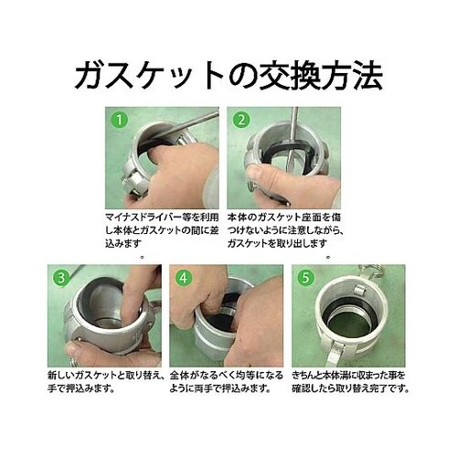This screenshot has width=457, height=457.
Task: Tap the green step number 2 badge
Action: (240, 119)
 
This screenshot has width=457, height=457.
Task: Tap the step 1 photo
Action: (163, 160)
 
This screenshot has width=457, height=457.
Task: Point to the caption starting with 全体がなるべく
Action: (227, 382)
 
